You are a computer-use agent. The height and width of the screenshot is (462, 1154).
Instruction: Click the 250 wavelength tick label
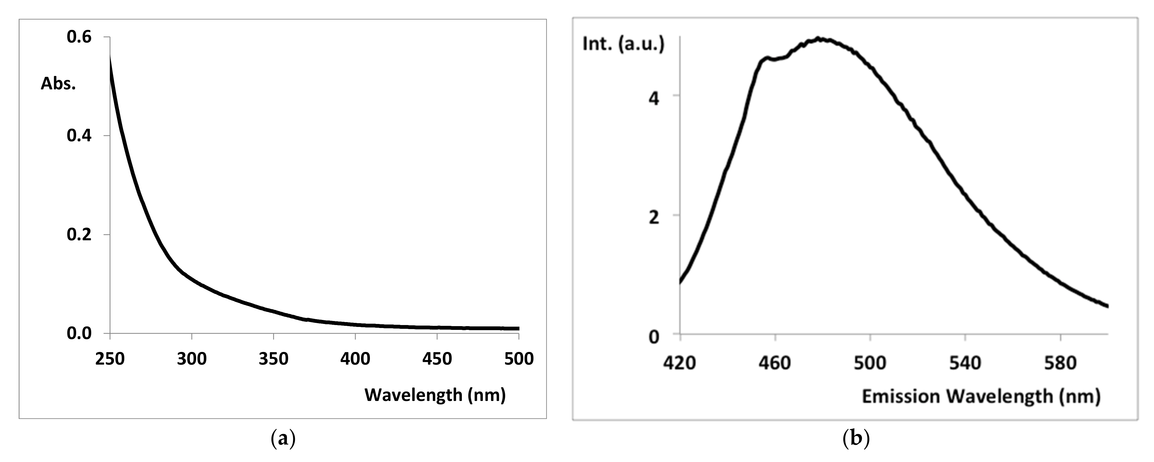(x=110, y=359)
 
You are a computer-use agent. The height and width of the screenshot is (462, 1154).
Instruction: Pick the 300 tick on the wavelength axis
(x=192, y=359)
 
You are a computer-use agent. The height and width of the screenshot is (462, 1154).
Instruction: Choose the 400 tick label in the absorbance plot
(x=355, y=359)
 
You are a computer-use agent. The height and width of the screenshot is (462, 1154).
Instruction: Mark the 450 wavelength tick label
(x=437, y=359)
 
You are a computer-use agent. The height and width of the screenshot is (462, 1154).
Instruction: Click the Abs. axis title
(x=58, y=84)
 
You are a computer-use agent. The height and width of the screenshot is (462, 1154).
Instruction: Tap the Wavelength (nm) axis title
(x=435, y=395)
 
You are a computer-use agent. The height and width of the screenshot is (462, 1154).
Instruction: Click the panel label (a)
(x=283, y=439)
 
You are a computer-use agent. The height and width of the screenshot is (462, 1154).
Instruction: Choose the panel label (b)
(x=856, y=439)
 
